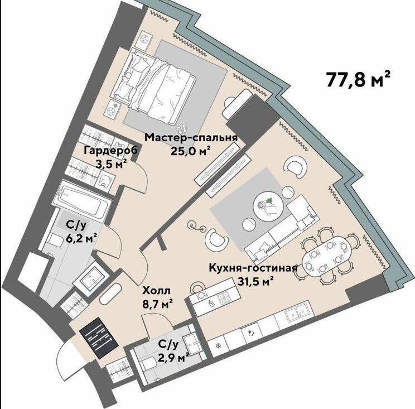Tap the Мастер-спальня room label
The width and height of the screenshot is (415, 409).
191,138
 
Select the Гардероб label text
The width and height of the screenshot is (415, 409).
110,151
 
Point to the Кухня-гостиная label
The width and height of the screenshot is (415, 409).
253,268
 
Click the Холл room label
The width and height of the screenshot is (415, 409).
156,291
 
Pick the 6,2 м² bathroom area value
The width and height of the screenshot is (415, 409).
81,238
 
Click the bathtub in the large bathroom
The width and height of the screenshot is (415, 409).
82,199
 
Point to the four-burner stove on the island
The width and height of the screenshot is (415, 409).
224,297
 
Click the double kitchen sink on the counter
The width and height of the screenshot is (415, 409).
296,312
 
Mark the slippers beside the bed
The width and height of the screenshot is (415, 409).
182,129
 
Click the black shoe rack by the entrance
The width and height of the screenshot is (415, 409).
99,338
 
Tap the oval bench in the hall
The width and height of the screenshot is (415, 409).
110,294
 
